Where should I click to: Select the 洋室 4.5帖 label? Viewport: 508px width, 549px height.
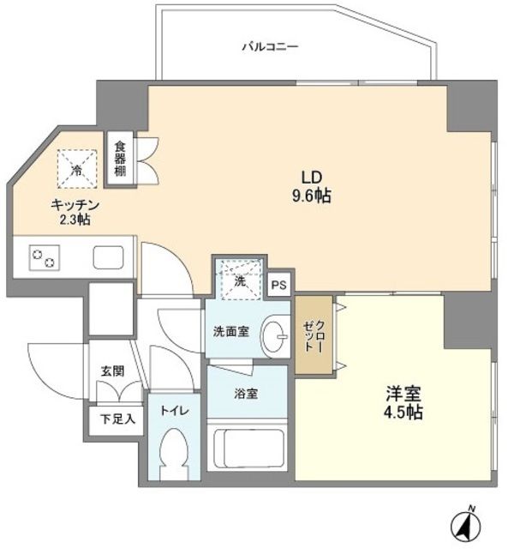(x=403, y=403)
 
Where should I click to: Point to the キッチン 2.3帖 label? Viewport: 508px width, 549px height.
(x=76, y=212)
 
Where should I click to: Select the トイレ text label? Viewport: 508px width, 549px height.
(x=172, y=410)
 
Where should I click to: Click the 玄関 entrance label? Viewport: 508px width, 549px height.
(x=112, y=371)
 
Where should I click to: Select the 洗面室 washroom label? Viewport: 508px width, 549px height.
(x=231, y=331)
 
